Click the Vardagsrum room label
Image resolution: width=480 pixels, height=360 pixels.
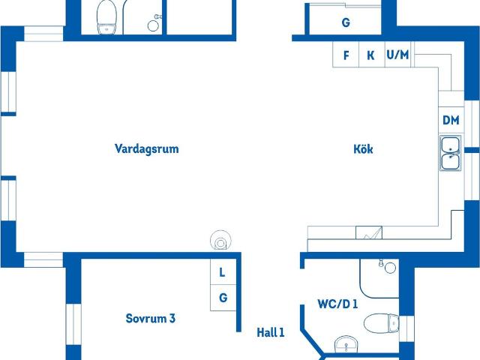coord(147,148)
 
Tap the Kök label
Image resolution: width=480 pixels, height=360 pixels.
coord(363,149)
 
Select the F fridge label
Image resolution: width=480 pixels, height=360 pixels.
coord(346,55)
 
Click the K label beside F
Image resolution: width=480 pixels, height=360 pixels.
coord(370,55)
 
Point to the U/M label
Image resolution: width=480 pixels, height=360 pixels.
coord(397,55)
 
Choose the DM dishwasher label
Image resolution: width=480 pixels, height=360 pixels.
coord(451,120)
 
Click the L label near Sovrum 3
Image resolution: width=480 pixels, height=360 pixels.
coord(222,273)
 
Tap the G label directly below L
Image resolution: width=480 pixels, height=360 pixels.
coord(223,298)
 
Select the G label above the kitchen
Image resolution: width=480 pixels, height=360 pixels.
coord(346,23)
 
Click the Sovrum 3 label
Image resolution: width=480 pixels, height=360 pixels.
coord(150,319)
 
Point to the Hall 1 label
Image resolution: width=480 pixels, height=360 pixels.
coord(271,332)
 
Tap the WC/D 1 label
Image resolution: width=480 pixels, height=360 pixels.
coord(337,304)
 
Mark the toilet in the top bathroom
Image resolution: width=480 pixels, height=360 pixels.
coord(107,16)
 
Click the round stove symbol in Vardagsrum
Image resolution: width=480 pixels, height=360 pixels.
coord(221,241)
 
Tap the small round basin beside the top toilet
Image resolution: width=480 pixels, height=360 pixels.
coord(154,25)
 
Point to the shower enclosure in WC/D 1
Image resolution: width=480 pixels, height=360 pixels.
coord(379,277)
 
